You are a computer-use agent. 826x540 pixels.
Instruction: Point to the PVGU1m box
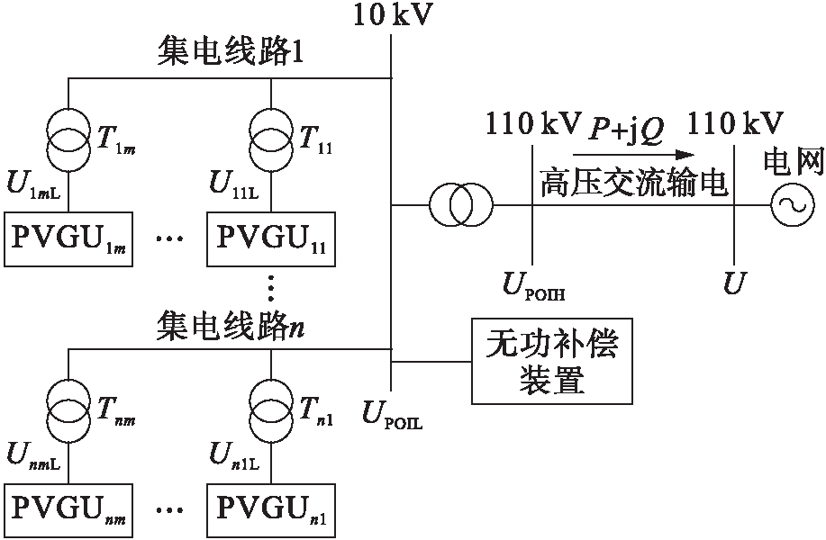pos(68,240)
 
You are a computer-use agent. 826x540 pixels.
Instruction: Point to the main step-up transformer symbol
pos(460,206)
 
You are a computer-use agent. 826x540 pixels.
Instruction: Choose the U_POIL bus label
pos(391,415)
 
